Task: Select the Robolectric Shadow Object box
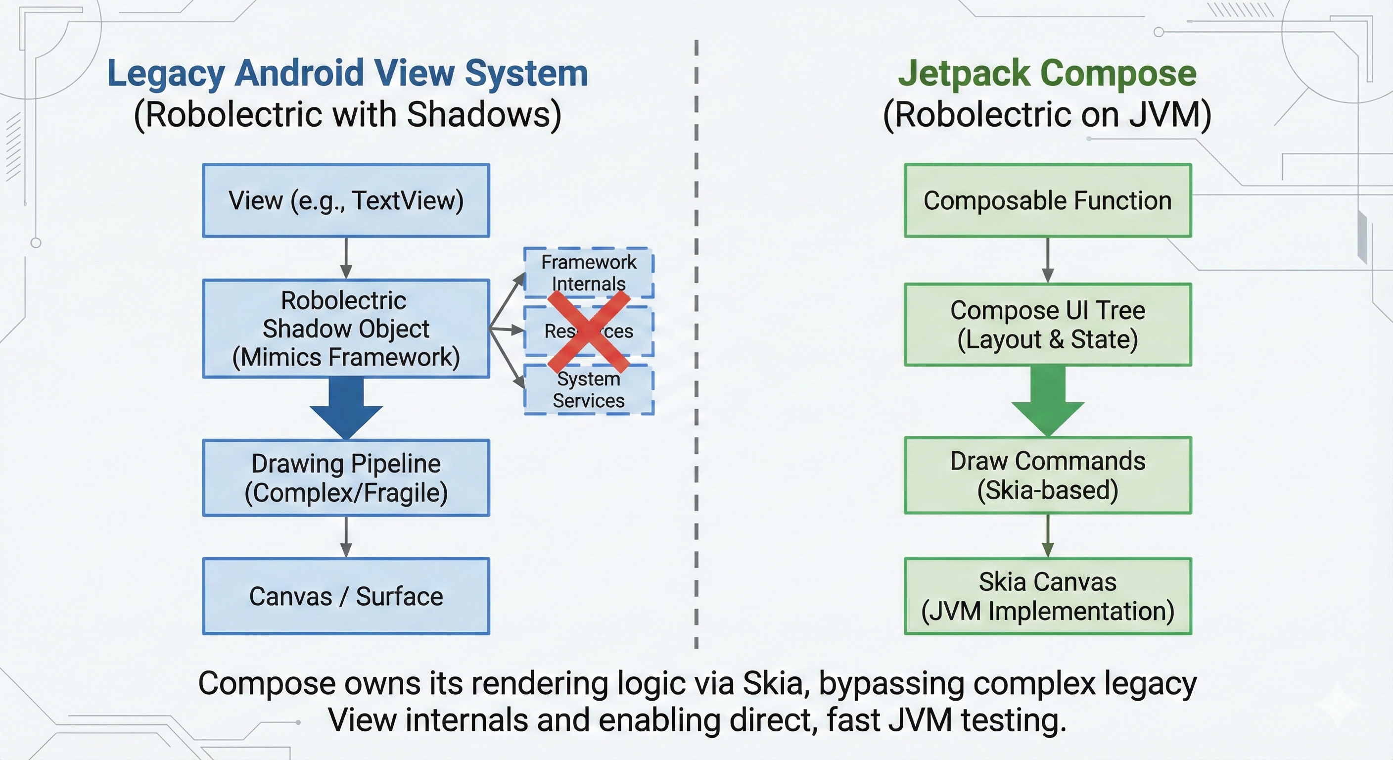tap(346, 329)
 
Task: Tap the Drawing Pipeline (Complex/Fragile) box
tap(346, 477)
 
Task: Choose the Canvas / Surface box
tap(346, 596)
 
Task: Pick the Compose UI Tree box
tap(1047, 325)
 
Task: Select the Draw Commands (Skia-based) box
tap(1047, 475)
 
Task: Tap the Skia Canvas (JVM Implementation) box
tap(1047, 596)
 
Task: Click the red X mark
tap(588, 331)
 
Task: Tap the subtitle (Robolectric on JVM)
tap(1047, 115)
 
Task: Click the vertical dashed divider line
tap(696, 346)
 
